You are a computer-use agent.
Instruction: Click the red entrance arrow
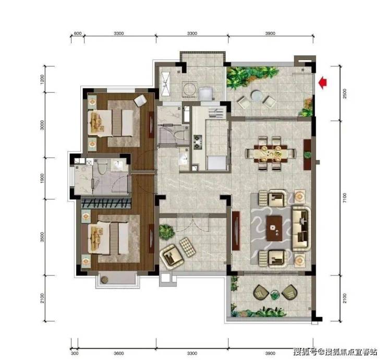click(x=322, y=83)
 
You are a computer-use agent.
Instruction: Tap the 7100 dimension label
click(x=344, y=198)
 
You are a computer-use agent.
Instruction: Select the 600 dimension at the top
click(x=78, y=33)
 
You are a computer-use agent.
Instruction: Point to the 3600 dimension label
click(x=118, y=353)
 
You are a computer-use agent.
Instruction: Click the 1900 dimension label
click(x=42, y=178)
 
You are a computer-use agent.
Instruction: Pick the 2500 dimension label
click(x=344, y=93)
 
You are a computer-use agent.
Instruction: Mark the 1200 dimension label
click(x=42, y=79)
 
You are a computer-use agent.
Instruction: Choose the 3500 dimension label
click(x=42, y=237)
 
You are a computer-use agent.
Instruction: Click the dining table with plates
click(x=271, y=154)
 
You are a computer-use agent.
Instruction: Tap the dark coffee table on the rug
click(x=274, y=229)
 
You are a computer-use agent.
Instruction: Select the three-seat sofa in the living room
click(x=301, y=229)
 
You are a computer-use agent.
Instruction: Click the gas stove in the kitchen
click(x=197, y=142)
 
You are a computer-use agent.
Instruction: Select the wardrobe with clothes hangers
click(x=106, y=203)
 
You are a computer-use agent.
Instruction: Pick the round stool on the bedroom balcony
click(x=104, y=280)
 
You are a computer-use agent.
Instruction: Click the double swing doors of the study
click(x=193, y=223)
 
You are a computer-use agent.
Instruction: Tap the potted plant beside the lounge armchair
click(x=166, y=231)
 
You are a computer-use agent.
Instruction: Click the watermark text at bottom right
click(x=335, y=351)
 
